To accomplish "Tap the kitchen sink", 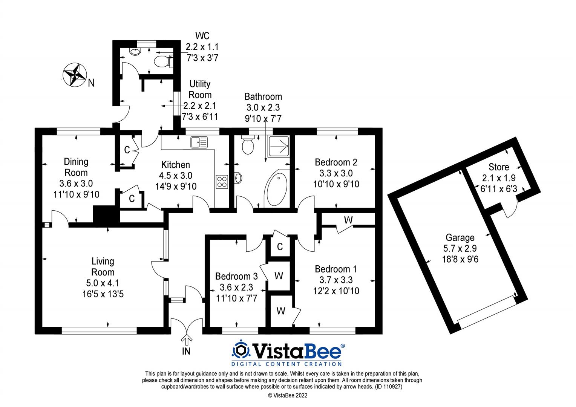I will (x=199, y=142).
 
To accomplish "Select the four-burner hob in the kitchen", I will (x=222, y=182).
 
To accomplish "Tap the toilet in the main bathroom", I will (x=247, y=145).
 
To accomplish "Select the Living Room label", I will (x=103, y=266).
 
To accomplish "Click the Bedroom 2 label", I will (x=336, y=162).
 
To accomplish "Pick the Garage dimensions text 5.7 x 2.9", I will (x=460, y=248).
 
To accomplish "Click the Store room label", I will (x=498, y=167).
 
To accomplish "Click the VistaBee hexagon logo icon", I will (x=241, y=350).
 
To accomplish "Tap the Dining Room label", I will (x=76, y=167).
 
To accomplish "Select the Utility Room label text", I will (x=200, y=89).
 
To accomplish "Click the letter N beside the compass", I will (x=91, y=83).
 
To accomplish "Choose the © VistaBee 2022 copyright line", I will (x=288, y=395).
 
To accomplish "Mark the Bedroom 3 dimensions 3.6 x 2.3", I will (x=236, y=288).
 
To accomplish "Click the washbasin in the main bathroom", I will (x=238, y=178).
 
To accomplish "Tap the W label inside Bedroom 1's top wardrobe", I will (x=348, y=220).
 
